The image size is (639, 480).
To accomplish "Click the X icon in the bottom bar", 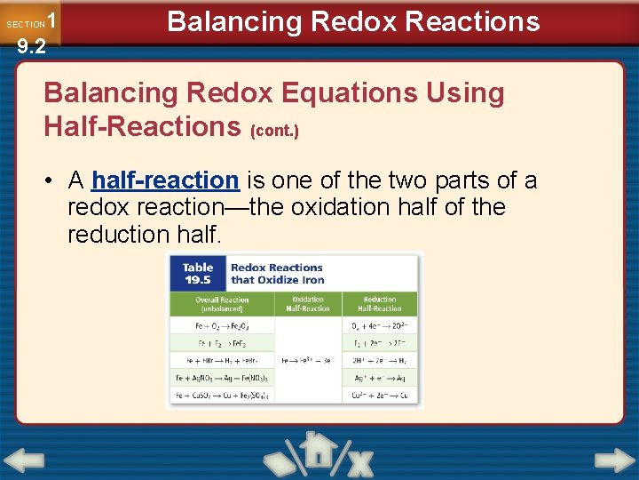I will pyautogui.click(x=359, y=462).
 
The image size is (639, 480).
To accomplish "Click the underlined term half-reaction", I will pyautogui.click(x=165, y=180).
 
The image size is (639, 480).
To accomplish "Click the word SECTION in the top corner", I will pyautogui.click(x=25, y=24).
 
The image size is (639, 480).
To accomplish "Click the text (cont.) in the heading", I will pyautogui.click(x=274, y=131).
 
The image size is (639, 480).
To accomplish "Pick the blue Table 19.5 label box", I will pyautogui.click(x=198, y=273).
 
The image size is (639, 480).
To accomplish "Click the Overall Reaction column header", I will pyautogui.click(x=222, y=304).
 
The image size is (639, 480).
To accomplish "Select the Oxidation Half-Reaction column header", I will pyautogui.click(x=308, y=304).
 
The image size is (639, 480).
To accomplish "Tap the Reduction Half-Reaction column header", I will pyautogui.click(x=380, y=304).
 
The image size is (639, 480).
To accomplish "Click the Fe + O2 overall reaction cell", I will pyautogui.click(x=222, y=325).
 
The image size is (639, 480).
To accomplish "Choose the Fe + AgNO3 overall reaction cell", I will pyautogui.click(x=222, y=378).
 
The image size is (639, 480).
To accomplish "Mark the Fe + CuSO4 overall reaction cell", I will pyautogui.click(x=222, y=395).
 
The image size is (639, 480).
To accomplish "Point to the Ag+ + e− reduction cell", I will pyautogui.click(x=380, y=378).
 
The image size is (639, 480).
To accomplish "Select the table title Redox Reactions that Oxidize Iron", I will pyautogui.click(x=277, y=273).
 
